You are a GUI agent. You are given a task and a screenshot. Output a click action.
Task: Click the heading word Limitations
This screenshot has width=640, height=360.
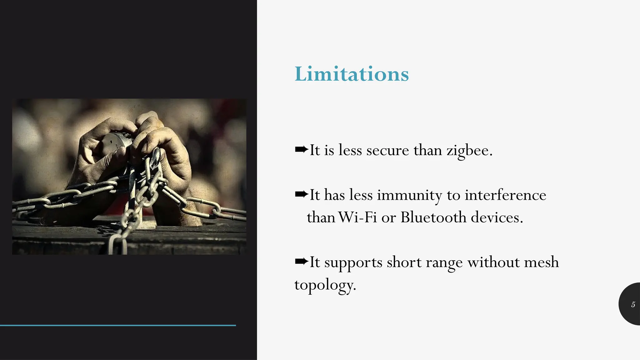352,74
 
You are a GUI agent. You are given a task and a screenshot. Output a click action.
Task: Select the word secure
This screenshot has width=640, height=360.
387,151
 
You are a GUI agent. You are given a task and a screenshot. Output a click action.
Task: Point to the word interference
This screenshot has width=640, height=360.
505,195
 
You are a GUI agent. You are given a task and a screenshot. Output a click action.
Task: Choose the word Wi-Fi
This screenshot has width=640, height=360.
357,217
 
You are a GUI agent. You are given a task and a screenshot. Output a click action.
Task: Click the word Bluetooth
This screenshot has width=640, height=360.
433,217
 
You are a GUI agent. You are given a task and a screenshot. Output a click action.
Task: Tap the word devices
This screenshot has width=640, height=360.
497,217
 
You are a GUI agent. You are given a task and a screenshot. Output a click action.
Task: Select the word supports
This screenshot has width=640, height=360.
353,263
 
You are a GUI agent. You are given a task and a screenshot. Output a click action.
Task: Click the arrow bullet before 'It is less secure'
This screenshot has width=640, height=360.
301,150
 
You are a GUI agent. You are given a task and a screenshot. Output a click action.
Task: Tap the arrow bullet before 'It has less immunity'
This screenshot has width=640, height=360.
301,195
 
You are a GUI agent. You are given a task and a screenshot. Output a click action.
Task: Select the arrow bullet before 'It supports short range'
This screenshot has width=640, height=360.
301,261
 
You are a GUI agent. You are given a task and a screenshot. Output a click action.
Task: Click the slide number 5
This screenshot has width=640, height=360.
633,304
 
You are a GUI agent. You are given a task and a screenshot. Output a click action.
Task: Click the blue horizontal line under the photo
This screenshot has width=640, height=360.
118,325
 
